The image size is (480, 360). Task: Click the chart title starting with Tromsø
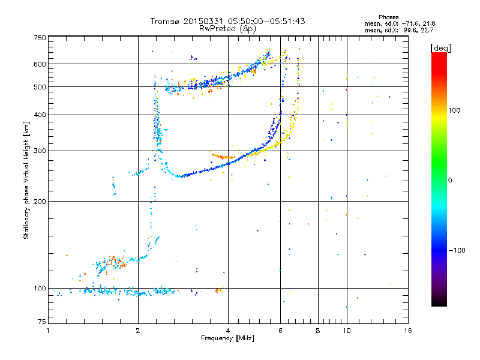(x=227, y=21)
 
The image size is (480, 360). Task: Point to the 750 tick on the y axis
(x=40, y=38)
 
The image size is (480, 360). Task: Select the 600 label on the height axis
(x=40, y=64)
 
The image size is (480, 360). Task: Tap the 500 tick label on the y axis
(x=40, y=86)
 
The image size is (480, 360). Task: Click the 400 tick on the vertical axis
(x=40, y=115)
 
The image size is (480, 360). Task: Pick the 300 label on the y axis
(x=40, y=151)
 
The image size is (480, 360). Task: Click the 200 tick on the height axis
(x=40, y=201)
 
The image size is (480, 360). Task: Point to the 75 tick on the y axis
(x=41, y=324)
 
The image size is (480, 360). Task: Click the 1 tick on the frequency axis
(x=48, y=331)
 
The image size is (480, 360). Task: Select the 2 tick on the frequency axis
(x=138, y=331)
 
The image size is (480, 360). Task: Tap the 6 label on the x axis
(x=280, y=331)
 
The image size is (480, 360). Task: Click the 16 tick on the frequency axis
(x=407, y=331)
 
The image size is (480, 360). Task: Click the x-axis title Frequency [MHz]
(x=227, y=338)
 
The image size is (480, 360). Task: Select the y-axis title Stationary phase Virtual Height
(x=26, y=180)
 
